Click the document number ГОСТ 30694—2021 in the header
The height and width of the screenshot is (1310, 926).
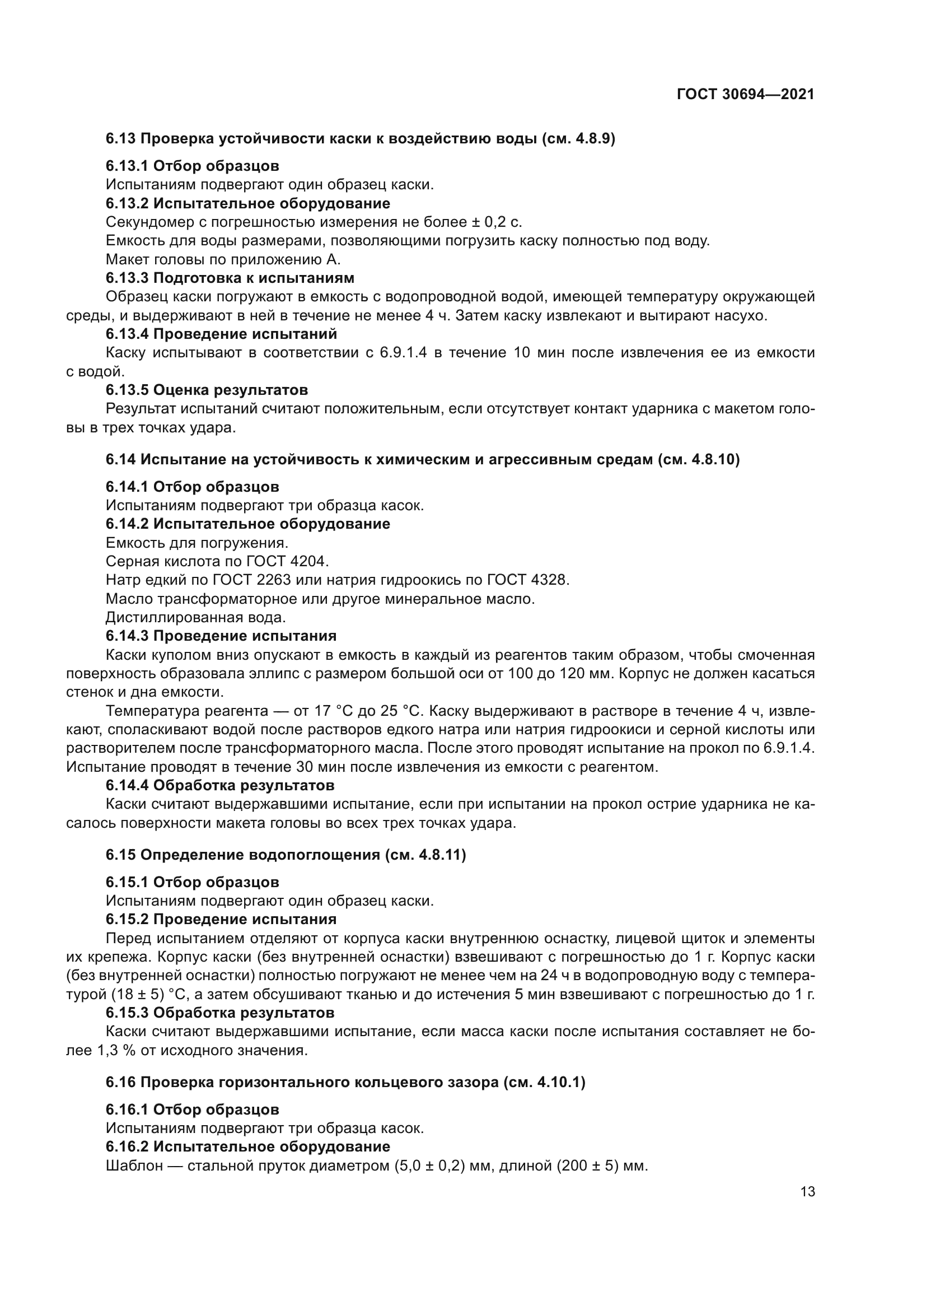point(745,95)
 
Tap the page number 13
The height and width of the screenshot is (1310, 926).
point(807,1192)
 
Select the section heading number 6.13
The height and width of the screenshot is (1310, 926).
point(120,139)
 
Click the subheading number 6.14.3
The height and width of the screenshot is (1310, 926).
point(127,636)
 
